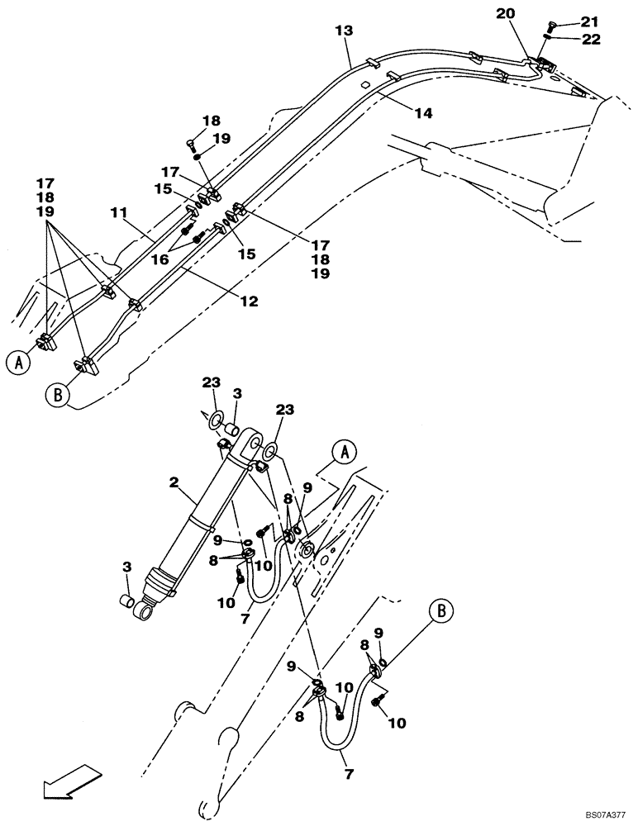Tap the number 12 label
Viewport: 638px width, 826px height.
(x=249, y=301)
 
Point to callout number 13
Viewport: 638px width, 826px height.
(x=345, y=31)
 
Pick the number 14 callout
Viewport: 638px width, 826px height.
(x=422, y=113)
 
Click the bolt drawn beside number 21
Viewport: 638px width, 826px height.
(x=554, y=24)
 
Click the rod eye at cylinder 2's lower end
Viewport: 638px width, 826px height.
(x=145, y=612)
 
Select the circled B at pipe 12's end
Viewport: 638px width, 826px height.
(x=57, y=395)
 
